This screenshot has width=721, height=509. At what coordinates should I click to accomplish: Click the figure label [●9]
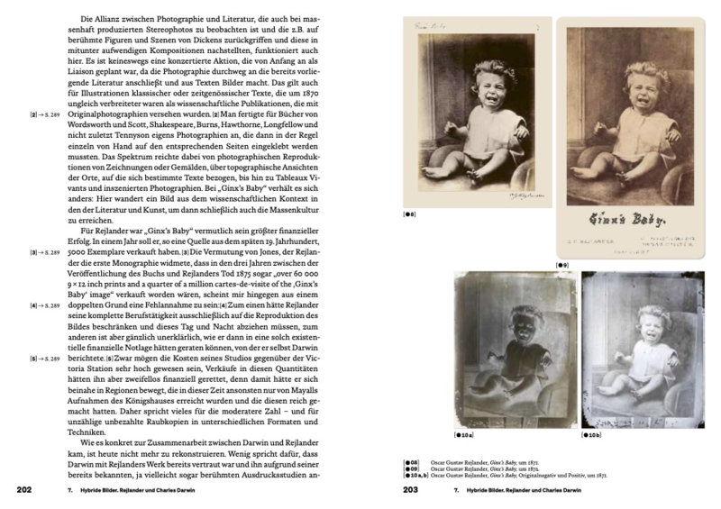(562, 265)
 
